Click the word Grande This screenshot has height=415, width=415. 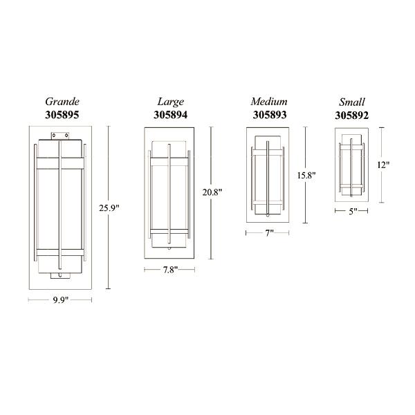tap(62, 102)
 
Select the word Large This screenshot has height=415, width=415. tap(171, 102)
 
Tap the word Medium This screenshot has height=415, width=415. tap(269, 101)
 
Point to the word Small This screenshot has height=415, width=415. tap(352, 102)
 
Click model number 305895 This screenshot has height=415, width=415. tap(62, 115)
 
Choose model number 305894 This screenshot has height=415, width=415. tap(170, 115)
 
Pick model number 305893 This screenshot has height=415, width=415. tap(270, 115)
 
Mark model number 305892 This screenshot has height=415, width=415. tap(352, 116)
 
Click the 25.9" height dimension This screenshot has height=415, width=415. tap(109, 208)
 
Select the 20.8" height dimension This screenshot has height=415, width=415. tap(212, 192)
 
